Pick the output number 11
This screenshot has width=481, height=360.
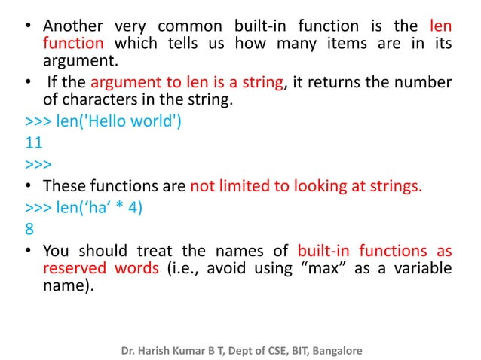click(33, 142)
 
